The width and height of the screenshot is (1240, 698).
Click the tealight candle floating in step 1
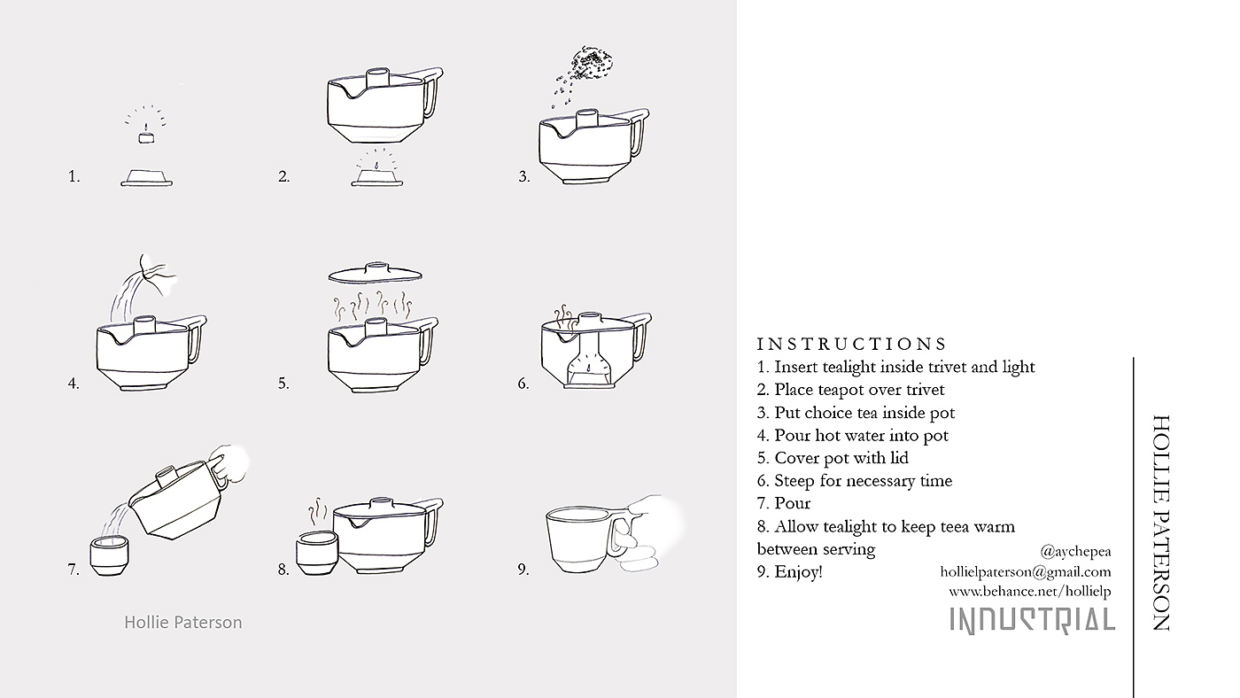coord(146,136)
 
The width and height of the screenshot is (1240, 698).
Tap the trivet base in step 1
coord(147,178)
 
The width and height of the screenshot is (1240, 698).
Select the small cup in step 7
coord(109,555)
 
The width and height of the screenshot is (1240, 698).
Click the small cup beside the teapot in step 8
coord(316,553)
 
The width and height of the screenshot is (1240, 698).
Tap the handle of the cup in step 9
coord(622,535)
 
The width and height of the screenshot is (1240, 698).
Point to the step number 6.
coord(523,383)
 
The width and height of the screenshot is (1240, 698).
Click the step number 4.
coord(74,383)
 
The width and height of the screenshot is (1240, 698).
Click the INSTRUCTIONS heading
coord(851,344)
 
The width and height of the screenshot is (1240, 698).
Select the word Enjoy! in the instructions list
coord(798,572)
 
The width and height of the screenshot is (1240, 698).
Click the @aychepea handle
coord(1075,552)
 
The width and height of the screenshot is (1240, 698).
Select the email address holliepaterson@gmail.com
coord(1026,572)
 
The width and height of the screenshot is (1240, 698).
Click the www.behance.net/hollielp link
coord(1029,592)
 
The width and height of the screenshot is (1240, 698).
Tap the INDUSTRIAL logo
coord(1033,621)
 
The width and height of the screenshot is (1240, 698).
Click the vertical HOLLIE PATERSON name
coord(1161,523)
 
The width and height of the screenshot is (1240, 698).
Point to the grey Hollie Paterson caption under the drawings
coord(183,623)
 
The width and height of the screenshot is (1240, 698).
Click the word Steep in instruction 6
coord(795,481)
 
